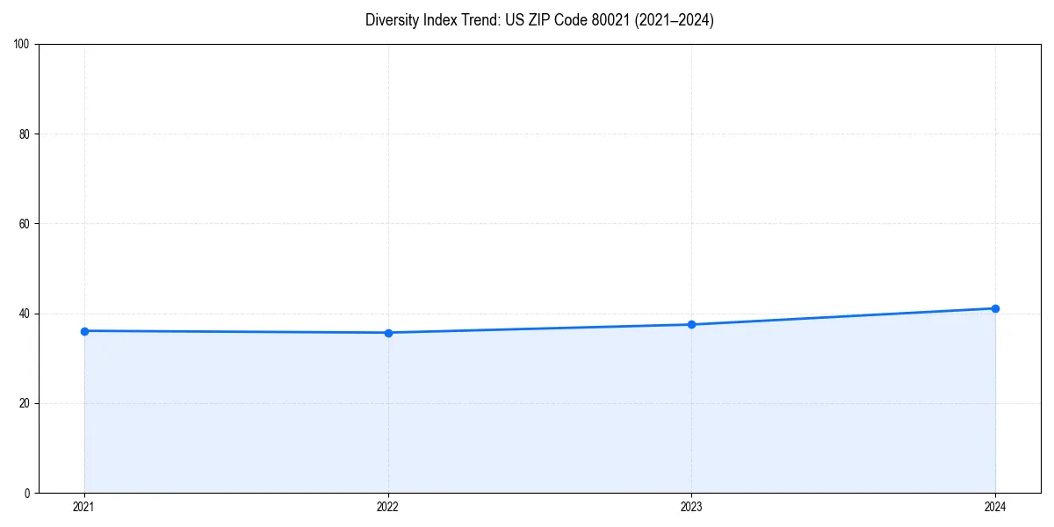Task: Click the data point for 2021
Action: click(x=84, y=331)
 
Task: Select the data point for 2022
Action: click(x=388, y=333)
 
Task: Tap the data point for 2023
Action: click(x=691, y=325)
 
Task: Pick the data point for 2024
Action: click(x=995, y=308)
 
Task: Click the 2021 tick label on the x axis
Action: click(x=84, y=507)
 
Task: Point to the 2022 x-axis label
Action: click(x=388, y=507)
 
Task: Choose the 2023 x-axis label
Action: click(x=691, y=507)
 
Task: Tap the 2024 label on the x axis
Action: click(x=995, y=507)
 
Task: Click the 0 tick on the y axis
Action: click(x=27, y=493)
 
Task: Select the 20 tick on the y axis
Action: click(x=25, y=403)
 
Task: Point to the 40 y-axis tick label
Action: click(x=25, y=314)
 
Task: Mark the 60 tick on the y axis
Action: click(x=25, y=224)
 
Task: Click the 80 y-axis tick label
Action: click(x=25, y=134)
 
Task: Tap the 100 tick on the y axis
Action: click(x=22, y=45)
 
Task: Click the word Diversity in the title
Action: click(x=392, y=20)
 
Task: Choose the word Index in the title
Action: click(x=438, y=20)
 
